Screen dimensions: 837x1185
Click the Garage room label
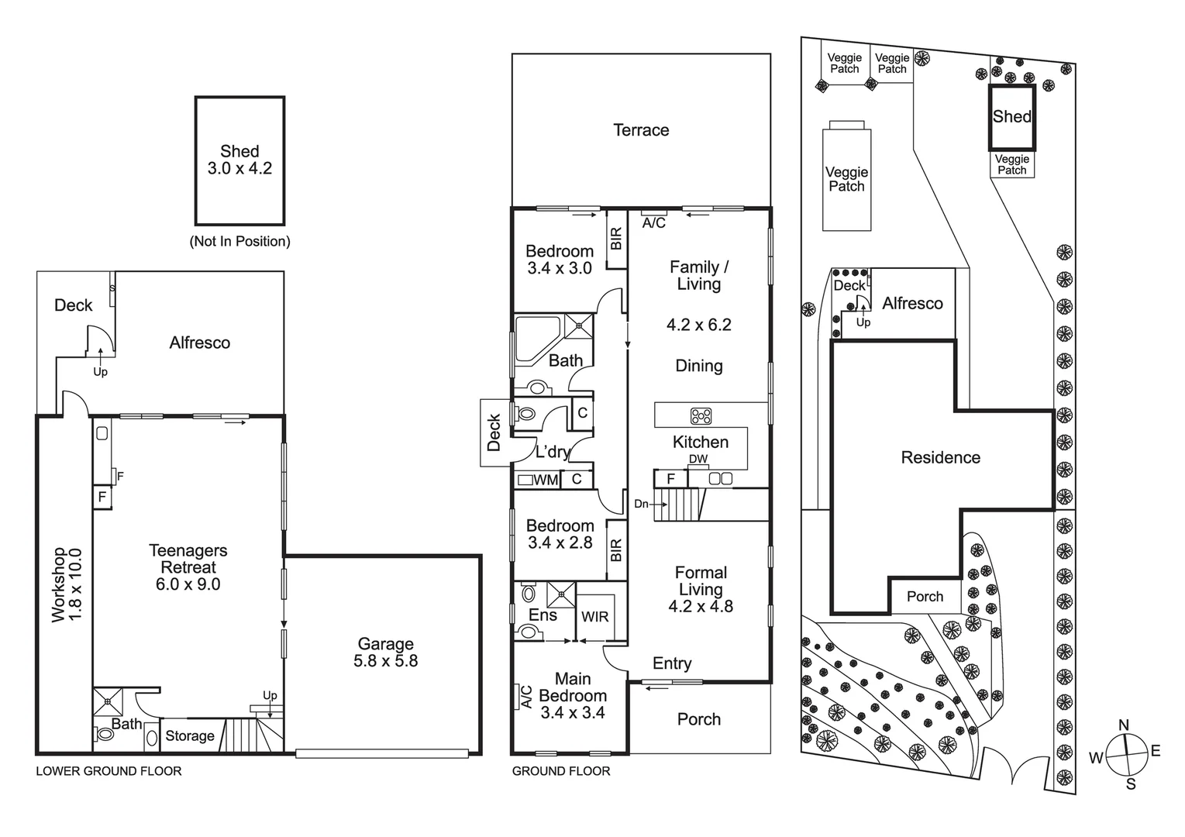tap(385, 644)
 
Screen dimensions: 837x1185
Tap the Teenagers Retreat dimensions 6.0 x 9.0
tap(188, 585)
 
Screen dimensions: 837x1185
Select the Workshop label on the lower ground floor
tap(59, 585)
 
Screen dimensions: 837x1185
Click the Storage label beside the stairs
tap(190, 736)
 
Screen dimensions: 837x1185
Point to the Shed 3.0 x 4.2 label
tap(239, 160)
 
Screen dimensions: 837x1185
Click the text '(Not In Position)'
tap(239, 242)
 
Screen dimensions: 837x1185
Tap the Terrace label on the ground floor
tap(641, 130)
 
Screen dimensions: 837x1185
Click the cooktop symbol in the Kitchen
tap(701, 416)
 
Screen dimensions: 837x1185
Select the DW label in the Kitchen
tap(698, 459)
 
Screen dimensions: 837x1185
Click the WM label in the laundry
tap(546, 480)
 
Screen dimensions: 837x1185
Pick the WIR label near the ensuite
tap(595, 617)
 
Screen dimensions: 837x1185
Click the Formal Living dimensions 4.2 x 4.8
tap(701, 606)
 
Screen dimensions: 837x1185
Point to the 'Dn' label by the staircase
tap(642, 504)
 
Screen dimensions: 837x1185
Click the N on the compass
tap(1124, 725)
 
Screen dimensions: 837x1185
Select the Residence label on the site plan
tap(940, 458)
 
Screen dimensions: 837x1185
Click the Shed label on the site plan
tap(1011, 117)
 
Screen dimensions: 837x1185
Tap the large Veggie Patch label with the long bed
tap(846, 179)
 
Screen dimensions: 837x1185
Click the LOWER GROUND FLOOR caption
tap(109, 771)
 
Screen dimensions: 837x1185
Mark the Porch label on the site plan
tap(925, 597)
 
